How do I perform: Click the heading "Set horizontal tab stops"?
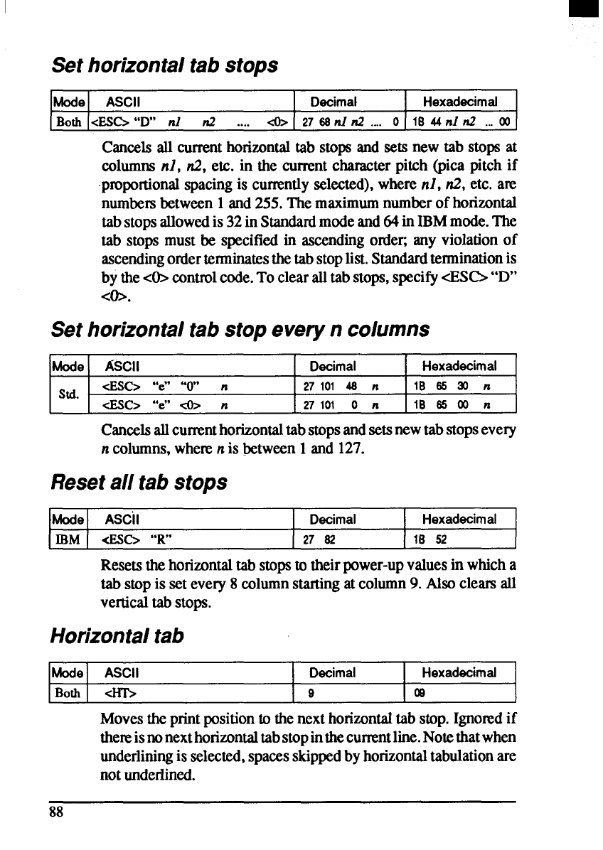[164, 65]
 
